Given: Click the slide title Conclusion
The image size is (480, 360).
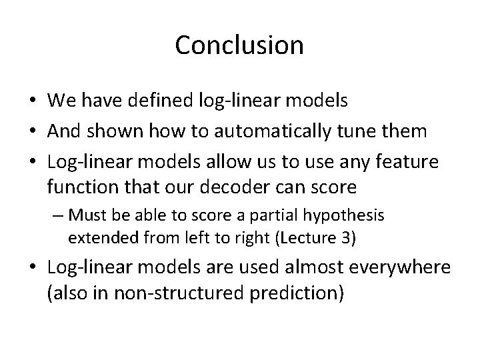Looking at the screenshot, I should pos(239,46).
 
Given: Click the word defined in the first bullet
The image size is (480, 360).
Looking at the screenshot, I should pos(163,101).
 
